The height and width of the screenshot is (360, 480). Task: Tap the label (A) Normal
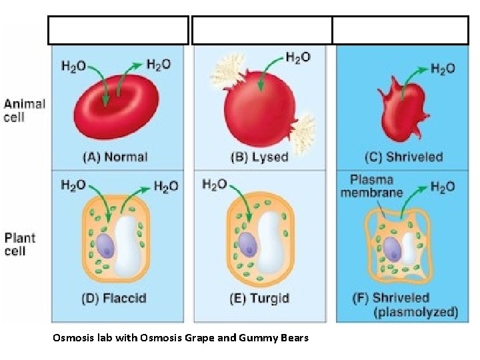[115, 157]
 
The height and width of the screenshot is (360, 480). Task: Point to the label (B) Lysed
[259, 157]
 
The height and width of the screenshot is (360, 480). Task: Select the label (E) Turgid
[259, 298]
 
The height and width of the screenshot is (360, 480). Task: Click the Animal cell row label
[25, 111]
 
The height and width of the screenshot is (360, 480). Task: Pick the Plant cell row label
[20, 244]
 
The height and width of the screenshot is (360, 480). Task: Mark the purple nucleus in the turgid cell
[248, 243]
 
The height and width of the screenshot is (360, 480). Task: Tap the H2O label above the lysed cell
[298, 57]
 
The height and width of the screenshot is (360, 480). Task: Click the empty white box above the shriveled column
[401, 31]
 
